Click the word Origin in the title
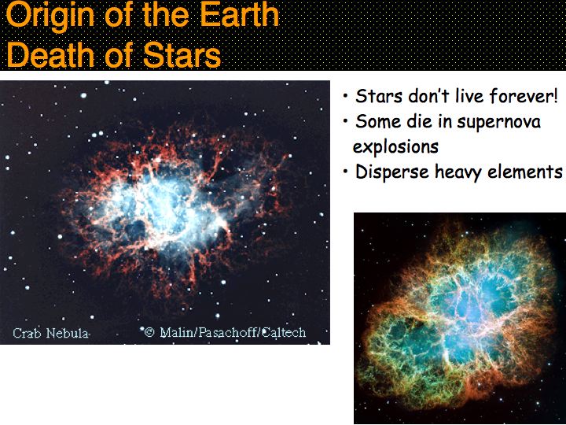(x=50, y=16)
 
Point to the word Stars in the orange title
(x=182, y=54)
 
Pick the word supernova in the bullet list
(x=498, y=122)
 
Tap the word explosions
(x=395, y=147)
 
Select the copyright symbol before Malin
(x=149, y=332)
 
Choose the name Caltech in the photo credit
(x=284, y=332)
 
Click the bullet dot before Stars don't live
(x=346, y=96)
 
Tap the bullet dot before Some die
(x=346, y=121)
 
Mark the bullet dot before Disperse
(x=346, y=172)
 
